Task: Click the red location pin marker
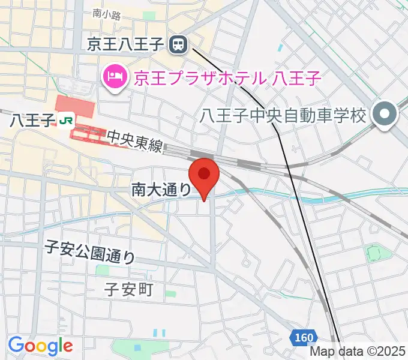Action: click(204, 176)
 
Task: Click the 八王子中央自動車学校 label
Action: click(283, 115)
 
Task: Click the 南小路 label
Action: click(107, 14)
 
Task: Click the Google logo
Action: click(40, 346)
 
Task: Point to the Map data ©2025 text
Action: click(358, 353)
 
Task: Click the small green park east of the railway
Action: click(374, 253)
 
